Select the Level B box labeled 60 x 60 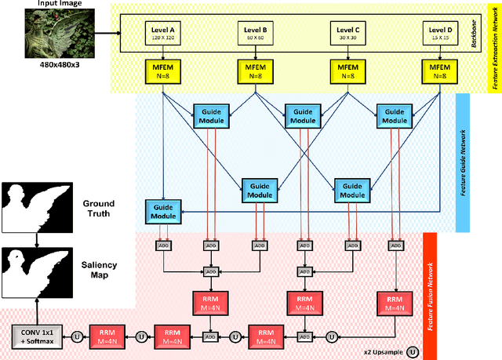(256, 33)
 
